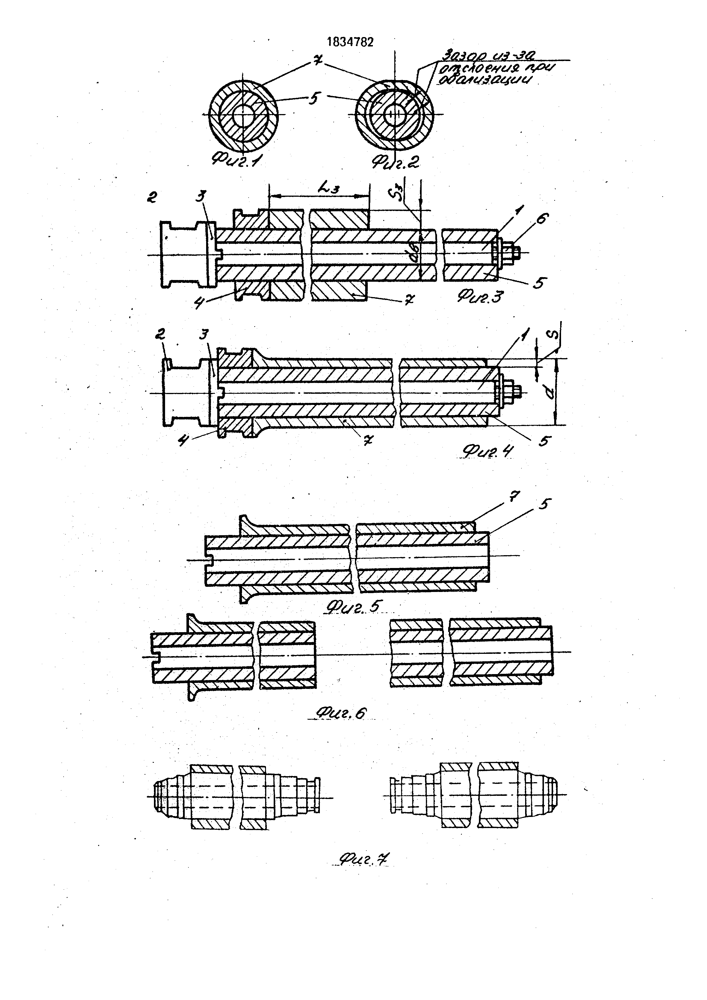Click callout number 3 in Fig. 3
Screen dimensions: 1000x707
click(x=200, y=197)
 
